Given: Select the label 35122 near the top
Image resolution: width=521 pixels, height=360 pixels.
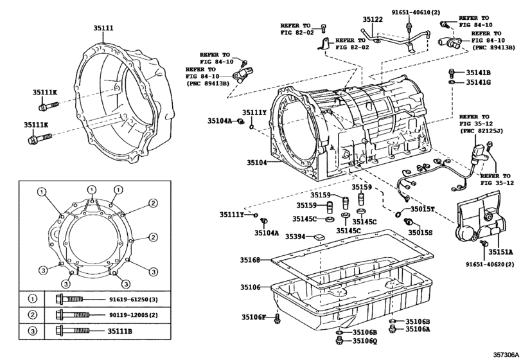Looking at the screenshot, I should tap(373, 19).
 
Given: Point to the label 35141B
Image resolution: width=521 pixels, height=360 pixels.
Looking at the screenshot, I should tap(478, 72).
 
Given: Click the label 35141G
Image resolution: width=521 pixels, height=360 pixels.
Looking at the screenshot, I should tap(478, 82).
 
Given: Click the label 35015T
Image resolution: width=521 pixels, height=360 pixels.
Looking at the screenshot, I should tap(423, 210).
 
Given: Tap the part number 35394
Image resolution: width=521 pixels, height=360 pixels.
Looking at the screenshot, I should tap(296, 237).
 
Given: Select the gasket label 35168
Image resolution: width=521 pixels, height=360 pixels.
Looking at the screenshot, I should tap(251, 260).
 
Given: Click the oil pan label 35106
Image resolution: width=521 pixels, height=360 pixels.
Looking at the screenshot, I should tap(251, 287).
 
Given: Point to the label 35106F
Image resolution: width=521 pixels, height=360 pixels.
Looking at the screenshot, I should tap(254, 316).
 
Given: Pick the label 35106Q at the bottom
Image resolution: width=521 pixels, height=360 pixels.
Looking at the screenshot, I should tap(364, 340).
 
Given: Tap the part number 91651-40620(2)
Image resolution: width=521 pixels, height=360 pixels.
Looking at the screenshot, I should tap(490, 264).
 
